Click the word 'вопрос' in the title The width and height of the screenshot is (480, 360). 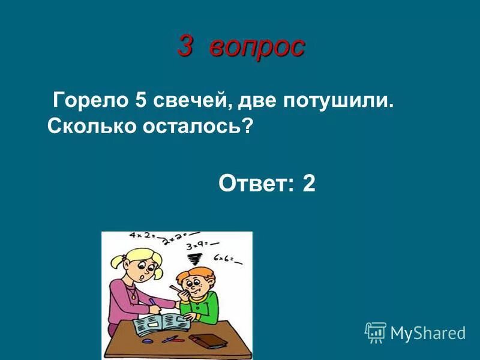pyautogui.click(x=257, y=47)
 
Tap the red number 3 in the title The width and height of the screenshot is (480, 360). pyautogui.click(x=187, y=46)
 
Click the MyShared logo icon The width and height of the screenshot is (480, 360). pyautogui.click(x=376, y=332)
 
